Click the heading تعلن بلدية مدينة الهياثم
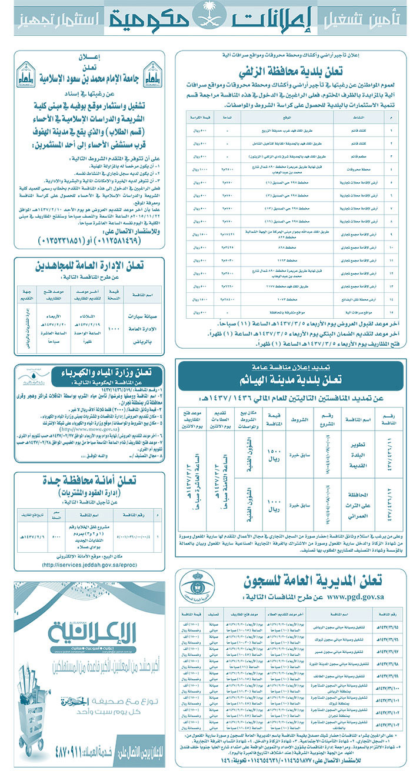click(290, 381)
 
